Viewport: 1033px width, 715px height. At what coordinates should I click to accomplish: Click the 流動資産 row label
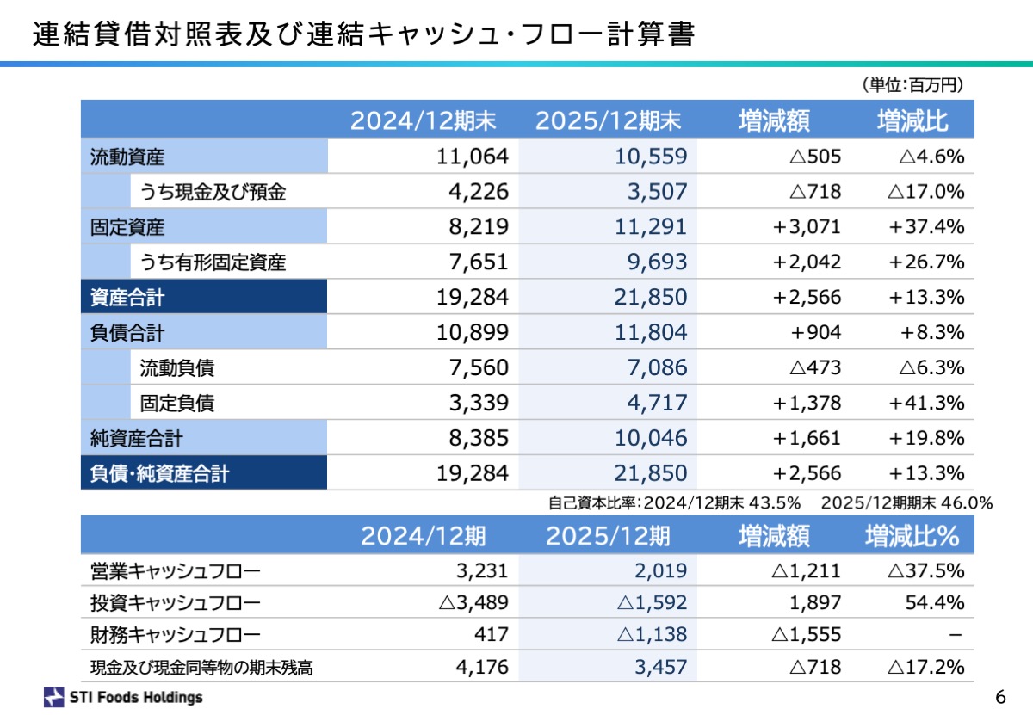[x=127, y=157]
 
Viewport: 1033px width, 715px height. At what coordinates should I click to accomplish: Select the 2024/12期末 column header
[x=423, y=121]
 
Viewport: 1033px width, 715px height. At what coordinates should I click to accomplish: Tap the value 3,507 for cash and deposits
[x=657, y=192]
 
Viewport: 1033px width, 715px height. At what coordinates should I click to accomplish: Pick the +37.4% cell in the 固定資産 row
[x=927, y=227]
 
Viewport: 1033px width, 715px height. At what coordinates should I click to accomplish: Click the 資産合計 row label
[x=127, y=298]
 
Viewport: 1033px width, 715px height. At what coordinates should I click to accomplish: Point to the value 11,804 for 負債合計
[x=651, y=333]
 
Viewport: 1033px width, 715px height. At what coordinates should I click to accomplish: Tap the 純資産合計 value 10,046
[x=651, y=438]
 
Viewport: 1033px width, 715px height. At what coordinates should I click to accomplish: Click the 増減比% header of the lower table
[x=912, y=537]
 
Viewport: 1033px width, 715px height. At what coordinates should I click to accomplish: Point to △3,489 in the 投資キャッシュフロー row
[x=473, y=602]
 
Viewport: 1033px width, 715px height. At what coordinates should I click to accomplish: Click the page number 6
[x=999, y=696]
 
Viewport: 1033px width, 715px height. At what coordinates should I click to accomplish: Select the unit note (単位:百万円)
[x=912, y=85]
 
